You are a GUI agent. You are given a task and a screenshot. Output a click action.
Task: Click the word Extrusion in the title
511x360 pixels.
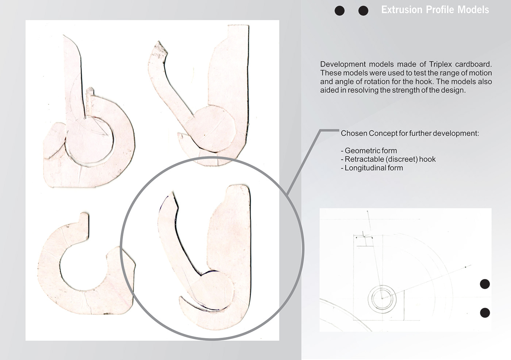tap(402, 10)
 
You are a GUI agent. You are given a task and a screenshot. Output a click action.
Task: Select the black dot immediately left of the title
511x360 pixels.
tap(363, 11)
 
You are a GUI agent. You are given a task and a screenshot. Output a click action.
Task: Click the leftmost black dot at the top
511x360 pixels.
tap(339, 11)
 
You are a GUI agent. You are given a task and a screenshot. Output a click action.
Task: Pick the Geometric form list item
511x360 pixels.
tap(369, 151)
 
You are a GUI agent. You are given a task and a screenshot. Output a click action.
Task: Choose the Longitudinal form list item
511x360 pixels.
tap(372, 168)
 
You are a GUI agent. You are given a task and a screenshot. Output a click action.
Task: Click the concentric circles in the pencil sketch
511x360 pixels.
tap(382, 298)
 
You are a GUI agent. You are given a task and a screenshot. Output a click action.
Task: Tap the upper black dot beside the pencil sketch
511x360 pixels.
tap(485, 284)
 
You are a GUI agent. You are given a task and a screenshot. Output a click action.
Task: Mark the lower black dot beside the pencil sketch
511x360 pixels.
tap(485, 313)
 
